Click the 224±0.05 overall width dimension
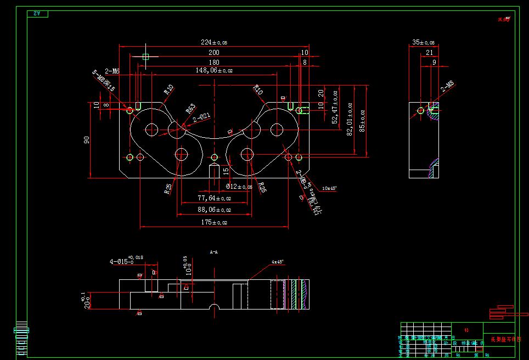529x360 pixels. [x=213, y=42]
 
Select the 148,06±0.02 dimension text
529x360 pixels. [x=214, y=70]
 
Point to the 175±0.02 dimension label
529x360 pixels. [x=213, y=222]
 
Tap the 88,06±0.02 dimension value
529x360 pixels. [x=215, y=210]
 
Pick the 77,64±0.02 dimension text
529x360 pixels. [x=215, y=198]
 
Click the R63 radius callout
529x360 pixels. [x=190, y=109]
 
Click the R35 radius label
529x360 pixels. [x=168, y=189]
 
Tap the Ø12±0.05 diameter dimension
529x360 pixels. [x=239, y=187]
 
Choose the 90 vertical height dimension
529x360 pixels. [x=87, y=140]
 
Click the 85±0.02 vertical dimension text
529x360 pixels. [x=362, y=120]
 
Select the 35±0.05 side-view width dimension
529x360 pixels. [x=423, y=42]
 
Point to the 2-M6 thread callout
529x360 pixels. [x=112, y=71]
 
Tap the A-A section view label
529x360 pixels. [x=214, y=252]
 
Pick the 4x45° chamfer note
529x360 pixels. [x=277, y=262]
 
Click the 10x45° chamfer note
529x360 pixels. [x=329, y=188]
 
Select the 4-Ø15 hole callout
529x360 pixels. [x=122, y=262]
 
